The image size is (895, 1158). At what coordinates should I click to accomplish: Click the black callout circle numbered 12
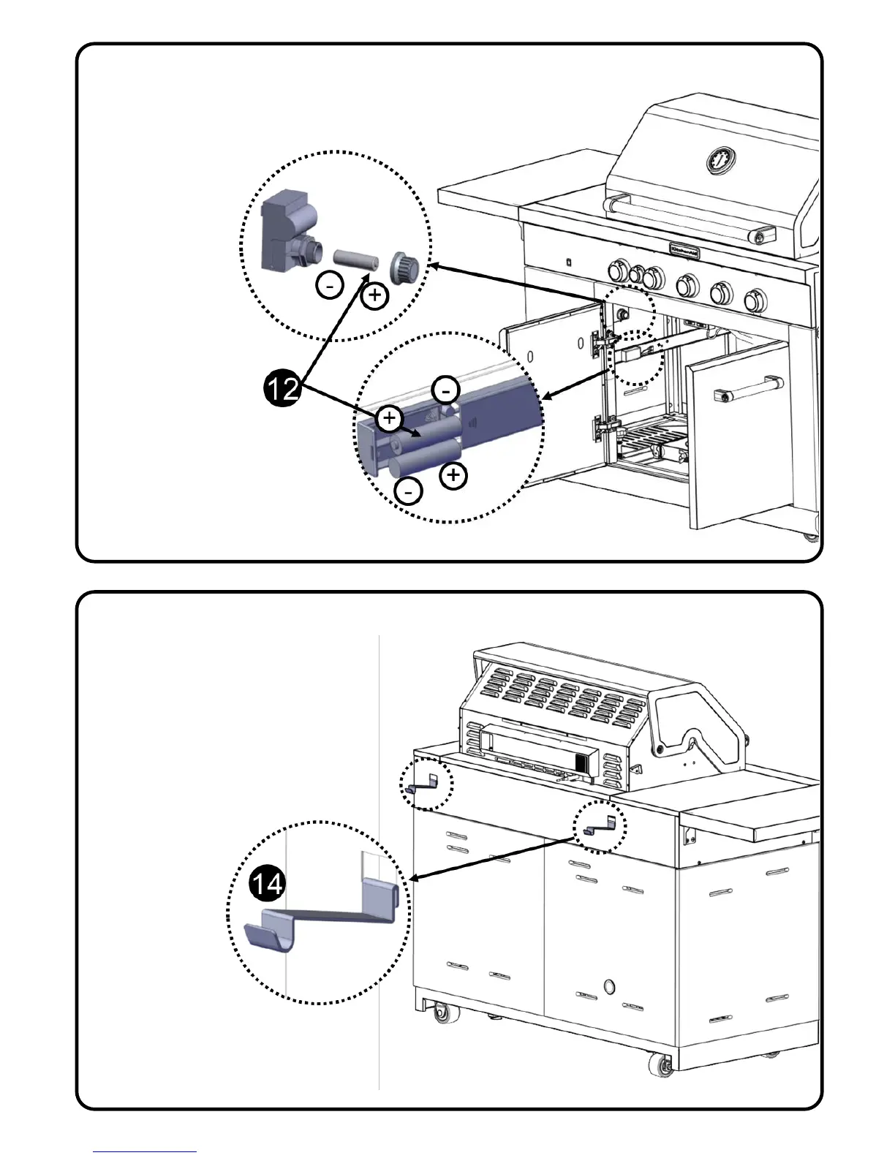coord(282,387)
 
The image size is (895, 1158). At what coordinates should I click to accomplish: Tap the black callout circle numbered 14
coord(267,885)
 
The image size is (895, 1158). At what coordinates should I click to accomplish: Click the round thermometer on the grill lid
coord(721,160)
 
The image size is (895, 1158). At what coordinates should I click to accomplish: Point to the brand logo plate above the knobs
coord(688,249)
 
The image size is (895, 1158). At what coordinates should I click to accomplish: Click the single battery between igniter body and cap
coord(356,259)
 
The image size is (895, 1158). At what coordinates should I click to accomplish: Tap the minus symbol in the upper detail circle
coord(331,286)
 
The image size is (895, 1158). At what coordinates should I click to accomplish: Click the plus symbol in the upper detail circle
coord(375,295)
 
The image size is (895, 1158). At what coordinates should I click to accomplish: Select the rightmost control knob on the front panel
coord(755,299)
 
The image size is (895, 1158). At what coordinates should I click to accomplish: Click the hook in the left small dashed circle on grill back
coord(423,784)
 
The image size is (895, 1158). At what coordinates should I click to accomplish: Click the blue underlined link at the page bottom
coord(144,1151)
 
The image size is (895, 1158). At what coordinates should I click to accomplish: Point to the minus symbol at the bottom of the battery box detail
coord(408,491)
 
